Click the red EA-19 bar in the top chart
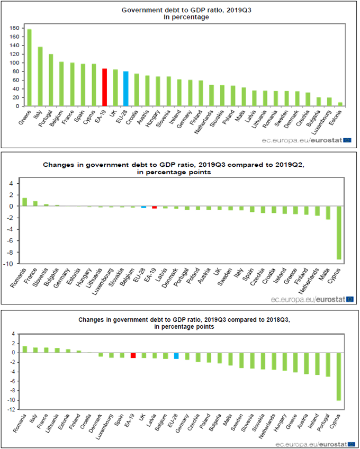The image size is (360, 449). (105, 87)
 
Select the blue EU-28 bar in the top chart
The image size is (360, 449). (126, 88)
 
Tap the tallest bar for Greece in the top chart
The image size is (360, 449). (29, 67)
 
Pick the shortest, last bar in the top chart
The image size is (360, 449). (340, 104)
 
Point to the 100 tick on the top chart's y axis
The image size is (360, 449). (14, 62)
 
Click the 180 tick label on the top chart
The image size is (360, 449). (14, 28)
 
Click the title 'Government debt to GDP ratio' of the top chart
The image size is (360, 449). (179, 10)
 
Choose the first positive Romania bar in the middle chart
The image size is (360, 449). (24, 202)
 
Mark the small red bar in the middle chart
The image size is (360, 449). (155, 207)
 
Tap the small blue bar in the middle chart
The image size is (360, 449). (143, 207)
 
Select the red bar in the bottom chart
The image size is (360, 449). (133, 355)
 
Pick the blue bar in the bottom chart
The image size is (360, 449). (176, 356)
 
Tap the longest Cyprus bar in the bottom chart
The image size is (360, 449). (339, 376)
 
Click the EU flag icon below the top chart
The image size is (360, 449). (347, 140)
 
